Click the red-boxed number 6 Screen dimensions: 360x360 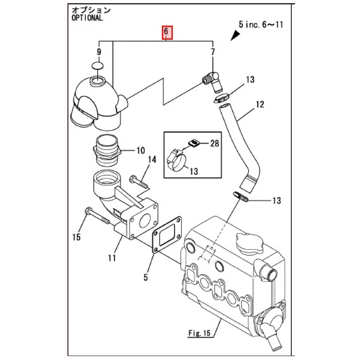(167, 32)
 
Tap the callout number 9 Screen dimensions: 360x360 (99, 52)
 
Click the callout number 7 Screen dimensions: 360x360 (212, 52)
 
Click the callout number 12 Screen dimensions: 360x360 (260, 104)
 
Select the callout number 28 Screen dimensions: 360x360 (214, 143)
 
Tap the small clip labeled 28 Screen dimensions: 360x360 (193, 143)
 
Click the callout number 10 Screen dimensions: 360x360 (140, 151)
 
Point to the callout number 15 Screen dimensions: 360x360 (77, 237)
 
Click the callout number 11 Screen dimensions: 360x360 (111, 258)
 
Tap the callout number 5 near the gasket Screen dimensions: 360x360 (146, 277)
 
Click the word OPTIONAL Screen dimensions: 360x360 (87, 18)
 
